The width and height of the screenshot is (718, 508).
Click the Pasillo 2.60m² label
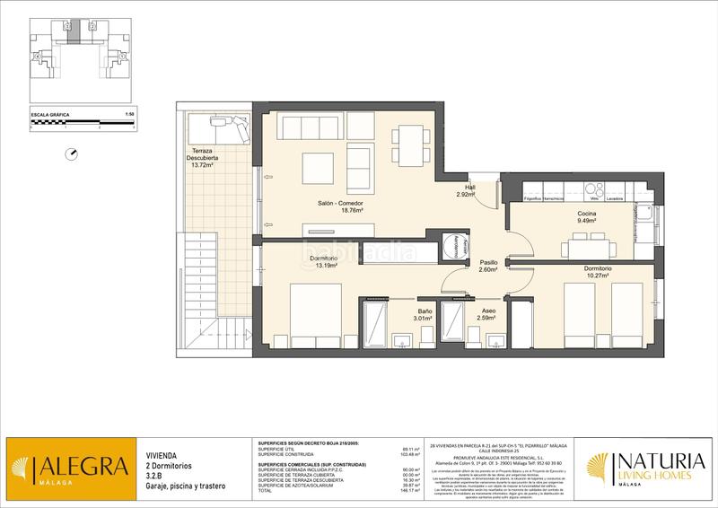488,266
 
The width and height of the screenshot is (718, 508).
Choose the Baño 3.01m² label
423,313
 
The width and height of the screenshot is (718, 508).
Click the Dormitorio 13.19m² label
324,262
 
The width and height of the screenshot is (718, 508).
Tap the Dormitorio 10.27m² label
598,271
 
